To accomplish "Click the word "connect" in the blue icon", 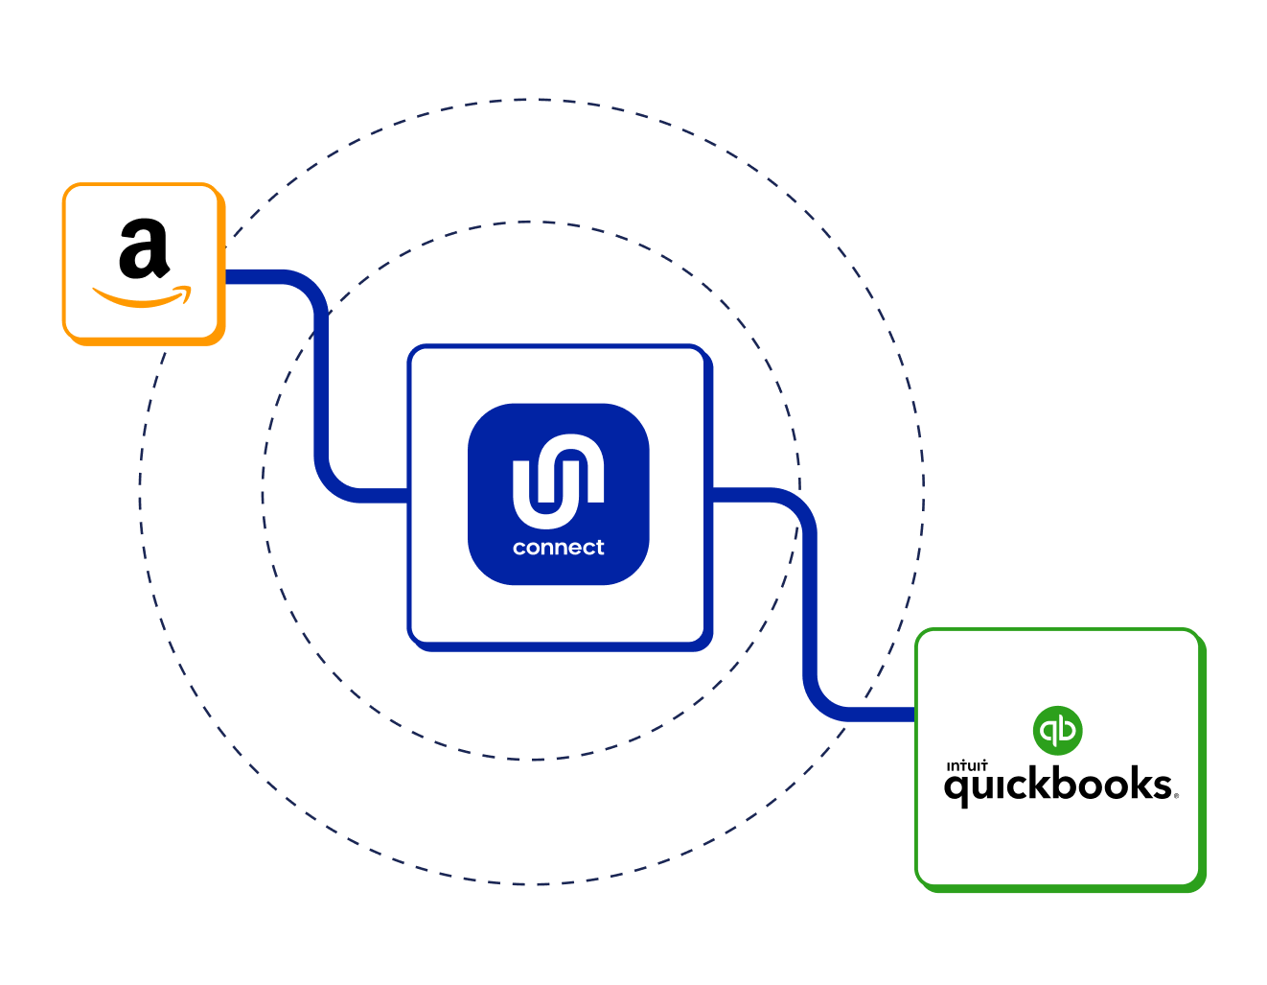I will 558,548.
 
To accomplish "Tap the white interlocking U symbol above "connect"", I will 558,480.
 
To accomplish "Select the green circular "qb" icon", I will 1058,731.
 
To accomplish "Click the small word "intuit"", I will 966,765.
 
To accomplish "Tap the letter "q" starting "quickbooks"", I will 956,788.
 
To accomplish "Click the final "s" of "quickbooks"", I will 1161,786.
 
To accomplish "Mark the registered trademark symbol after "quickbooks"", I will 1176,795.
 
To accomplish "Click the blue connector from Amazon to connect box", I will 322,384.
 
